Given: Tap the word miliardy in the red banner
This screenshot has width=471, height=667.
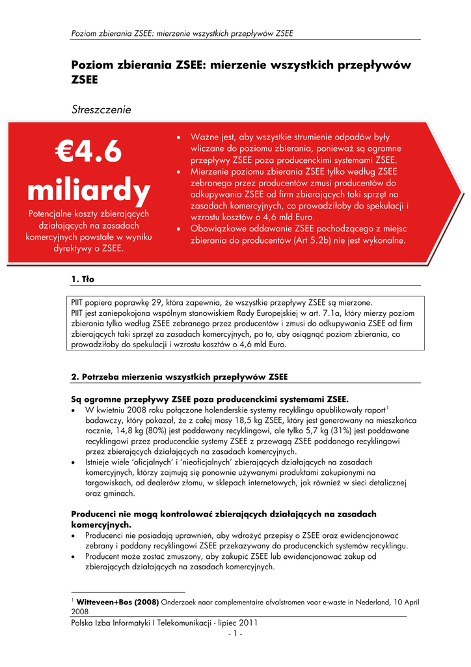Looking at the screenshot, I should (88, 190).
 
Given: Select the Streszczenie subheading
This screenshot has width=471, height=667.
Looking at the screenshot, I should (101, 109).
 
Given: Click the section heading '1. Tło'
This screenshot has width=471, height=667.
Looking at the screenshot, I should (83, 279).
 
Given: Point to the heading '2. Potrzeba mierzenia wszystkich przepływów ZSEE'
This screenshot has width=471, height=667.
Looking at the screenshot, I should (178, 376).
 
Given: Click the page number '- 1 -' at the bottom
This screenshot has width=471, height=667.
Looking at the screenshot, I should (235, 634).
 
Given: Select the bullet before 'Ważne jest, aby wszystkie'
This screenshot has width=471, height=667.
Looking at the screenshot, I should (180, 138).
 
